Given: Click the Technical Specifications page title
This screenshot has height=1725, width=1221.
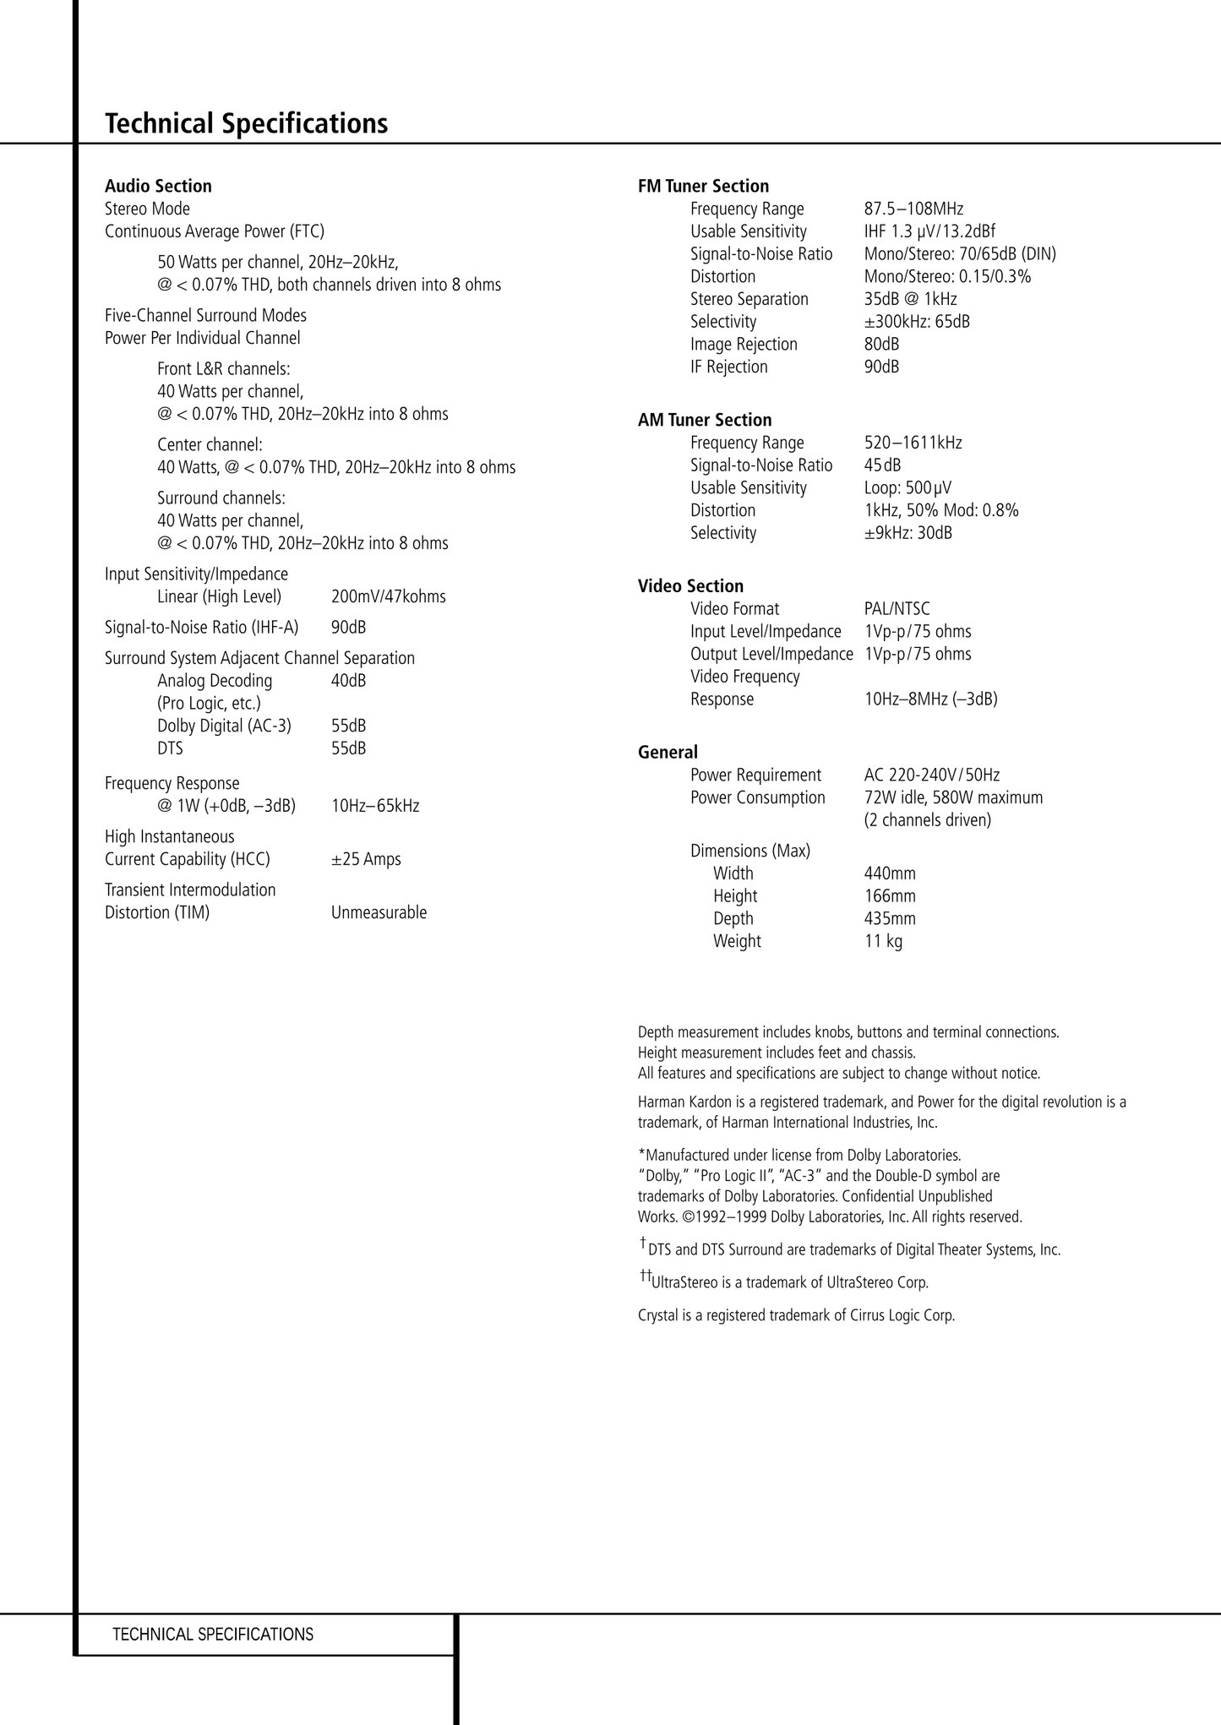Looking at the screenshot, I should point(246,123).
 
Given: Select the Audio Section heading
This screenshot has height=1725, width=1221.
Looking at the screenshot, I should point(158,186).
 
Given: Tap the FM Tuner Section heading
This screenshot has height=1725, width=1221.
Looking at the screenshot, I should point(703,186).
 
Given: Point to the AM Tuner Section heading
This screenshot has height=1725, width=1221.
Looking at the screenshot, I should point(705,420).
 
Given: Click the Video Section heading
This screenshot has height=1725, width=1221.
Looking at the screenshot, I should point(690,586).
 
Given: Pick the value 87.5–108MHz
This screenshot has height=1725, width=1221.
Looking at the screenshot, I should point(913,209).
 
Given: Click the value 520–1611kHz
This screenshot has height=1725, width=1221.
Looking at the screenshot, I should point(913,443).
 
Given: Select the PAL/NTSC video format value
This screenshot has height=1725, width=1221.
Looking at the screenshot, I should point(897,609).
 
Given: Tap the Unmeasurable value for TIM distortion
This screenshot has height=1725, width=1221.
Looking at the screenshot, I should point(379,912).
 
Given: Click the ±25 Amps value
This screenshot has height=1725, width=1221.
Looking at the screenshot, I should point(366,859).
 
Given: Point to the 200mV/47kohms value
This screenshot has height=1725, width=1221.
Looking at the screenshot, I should point(388,596).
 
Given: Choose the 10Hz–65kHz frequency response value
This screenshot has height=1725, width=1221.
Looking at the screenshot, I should point(375,806).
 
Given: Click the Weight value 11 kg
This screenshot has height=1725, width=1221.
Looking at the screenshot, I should point(883,941).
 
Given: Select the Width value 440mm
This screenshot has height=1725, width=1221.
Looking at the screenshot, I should point(890,873).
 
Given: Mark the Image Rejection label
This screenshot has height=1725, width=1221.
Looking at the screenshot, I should point(744,344).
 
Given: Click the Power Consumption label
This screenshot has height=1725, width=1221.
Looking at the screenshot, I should point(757,797).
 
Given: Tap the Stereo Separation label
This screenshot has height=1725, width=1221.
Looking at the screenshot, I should point(749,299).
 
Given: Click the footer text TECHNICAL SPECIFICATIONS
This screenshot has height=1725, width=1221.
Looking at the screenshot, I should point(213,1635).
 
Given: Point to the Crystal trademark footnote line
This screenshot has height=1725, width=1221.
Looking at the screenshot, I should point(796,1315).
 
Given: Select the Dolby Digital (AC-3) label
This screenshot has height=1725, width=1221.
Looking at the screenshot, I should point(224,726).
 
